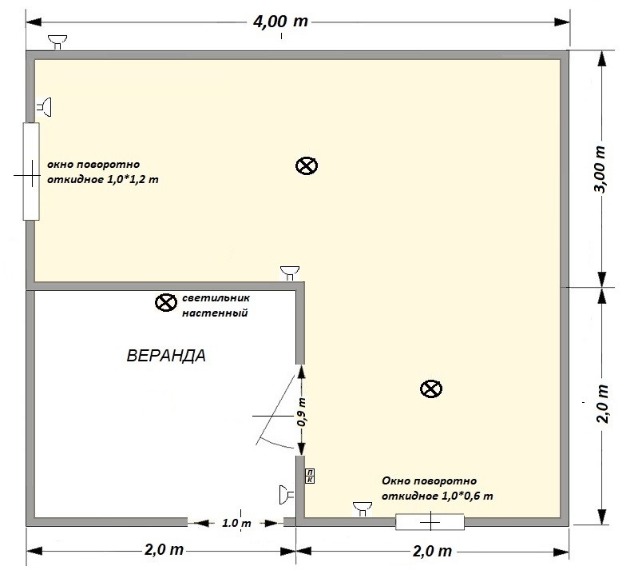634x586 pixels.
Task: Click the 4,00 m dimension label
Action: (280, 21)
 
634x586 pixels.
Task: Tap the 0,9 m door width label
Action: (301, 411)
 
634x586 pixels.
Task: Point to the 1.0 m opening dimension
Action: (236, 524)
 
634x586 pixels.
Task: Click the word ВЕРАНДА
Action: (166, 356)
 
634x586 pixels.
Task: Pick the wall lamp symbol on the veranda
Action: (166, 302)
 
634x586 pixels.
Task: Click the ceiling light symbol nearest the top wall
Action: (307, 165)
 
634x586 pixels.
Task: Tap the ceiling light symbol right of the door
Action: (431, 389)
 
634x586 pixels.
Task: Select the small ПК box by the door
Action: (310, 476)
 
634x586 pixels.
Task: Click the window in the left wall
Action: (31, 172)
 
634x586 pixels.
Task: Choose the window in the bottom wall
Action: (430, 522)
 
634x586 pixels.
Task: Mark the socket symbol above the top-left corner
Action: (57, 42)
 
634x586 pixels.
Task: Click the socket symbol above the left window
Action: (45, 107)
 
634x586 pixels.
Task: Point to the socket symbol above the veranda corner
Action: (290, 273)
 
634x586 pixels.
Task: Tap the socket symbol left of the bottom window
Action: (363, 509)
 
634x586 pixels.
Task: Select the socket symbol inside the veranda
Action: (287, 495)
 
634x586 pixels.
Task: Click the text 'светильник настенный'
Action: (216, 305)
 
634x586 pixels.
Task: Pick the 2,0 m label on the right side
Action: (602, 404)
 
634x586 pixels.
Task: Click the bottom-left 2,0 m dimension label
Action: (164, 550)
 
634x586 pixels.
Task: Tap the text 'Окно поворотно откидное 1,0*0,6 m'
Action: (437, 488)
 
